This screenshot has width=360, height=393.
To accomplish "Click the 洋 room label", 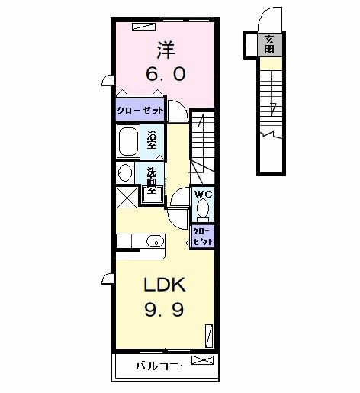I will [x=166, y=50].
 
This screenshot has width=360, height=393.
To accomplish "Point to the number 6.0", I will [x=166, y=76].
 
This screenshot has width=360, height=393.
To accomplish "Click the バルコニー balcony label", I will [x=163, y=366].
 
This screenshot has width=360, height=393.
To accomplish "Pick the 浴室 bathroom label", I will [x=153, y=140].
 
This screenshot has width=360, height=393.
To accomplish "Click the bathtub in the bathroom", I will [x=129, y=141].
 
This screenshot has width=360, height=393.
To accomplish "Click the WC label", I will [x=203, y=195].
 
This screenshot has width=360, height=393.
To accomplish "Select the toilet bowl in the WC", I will [x=203, y=209].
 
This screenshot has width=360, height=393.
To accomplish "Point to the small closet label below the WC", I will [x=203, y=235].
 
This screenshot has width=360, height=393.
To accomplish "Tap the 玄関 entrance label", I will [x=269, y=43].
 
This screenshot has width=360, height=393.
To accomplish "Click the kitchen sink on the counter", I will [x=153, y=241].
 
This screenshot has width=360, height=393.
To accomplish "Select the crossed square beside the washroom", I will [x=127, y=196].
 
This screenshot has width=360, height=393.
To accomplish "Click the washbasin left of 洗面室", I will [x=126, y=172].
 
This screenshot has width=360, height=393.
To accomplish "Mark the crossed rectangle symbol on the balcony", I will [x=202, y=359].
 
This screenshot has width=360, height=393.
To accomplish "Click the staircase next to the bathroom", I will [x=203, y=141].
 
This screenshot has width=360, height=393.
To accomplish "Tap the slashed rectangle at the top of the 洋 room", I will [x=143, y=25].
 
